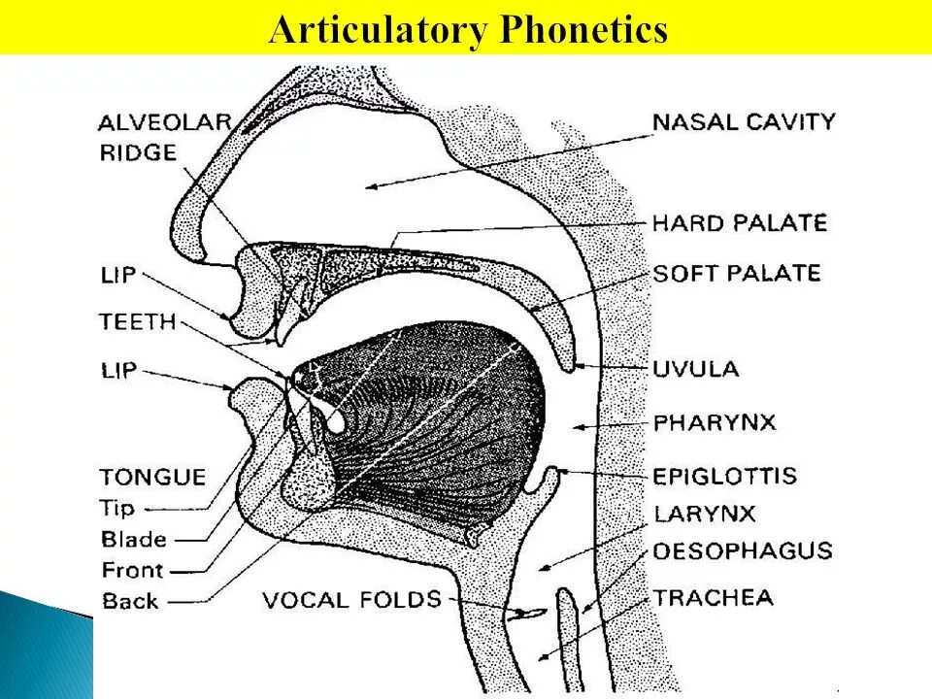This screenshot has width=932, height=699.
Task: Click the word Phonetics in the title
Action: pos(583,30)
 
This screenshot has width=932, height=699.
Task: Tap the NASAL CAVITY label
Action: pos(744,122)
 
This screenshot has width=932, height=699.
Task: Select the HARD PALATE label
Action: pos(740,224)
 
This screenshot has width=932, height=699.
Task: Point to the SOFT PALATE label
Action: pos(737,274)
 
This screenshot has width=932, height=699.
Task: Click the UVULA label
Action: pos(696,369)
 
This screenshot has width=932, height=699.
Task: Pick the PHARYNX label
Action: pos(715,423)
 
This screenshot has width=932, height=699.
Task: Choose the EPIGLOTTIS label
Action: pos(725,476)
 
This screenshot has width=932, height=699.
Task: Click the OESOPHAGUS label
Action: pos(743,551)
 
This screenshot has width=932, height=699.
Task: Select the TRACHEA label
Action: pos(714,597)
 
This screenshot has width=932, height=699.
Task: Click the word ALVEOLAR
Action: pos(165,122)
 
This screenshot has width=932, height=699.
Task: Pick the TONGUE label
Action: pos(152,477)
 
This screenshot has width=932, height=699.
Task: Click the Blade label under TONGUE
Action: pos(134,540)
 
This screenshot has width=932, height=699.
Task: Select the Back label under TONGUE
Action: pos(130,601)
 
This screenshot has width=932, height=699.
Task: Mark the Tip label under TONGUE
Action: pos(121,508)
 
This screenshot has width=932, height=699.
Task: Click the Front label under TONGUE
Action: pos(133,571)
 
